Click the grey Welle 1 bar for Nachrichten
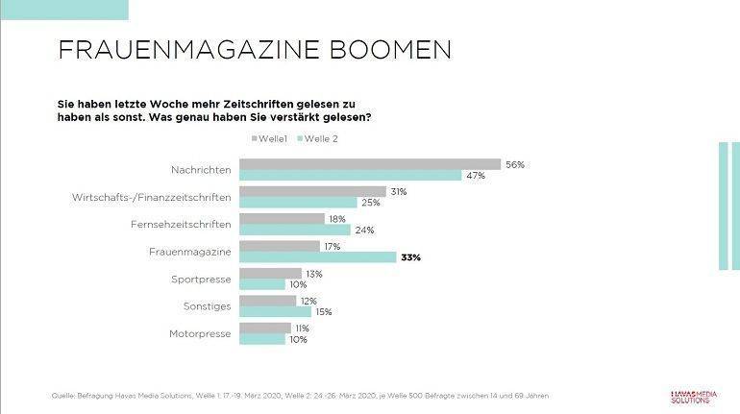click(x=370, y=164)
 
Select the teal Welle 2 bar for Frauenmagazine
click(x=317, y=257)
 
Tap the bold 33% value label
click(x=411, y=257)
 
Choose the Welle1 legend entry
click(x=272, y=138)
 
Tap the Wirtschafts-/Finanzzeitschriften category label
click(x=151, y=197)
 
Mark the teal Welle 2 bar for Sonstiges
click(x=275, y=312)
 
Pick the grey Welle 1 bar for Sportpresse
click(x=270, y=274)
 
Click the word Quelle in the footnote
click(x=62, y=396)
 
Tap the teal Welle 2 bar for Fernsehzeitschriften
click(x=295, y=230)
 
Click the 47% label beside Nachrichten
click(x=474, y=176)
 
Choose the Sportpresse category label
click(x=200, y=279)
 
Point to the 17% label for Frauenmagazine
click(x=332, y=247)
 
